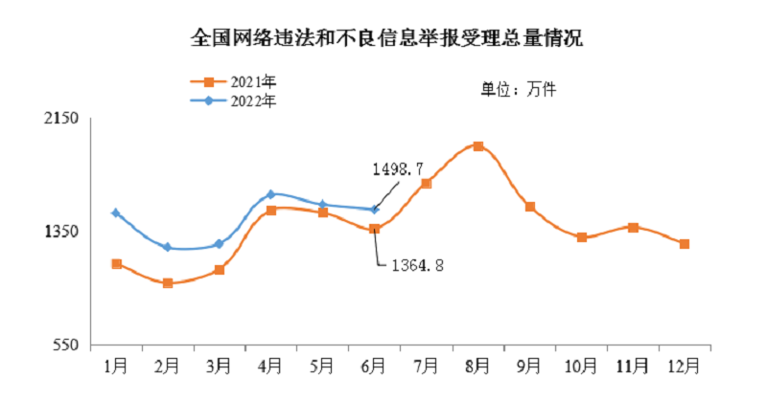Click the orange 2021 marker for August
(x=478, y=146)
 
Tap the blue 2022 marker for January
(x=116, y=212)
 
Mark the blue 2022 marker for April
(x=271, y=194)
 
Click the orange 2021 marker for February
(x=168, y=283)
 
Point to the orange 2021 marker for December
(x=685, y=244)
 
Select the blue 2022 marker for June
(x=375, y=210)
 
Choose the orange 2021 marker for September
(x=530, y=207)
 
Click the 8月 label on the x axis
(x=478, y=365)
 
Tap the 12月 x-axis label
(x=685, y=365)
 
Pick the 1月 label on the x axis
(x=116, y=365)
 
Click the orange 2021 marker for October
(x=582, y=237)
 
